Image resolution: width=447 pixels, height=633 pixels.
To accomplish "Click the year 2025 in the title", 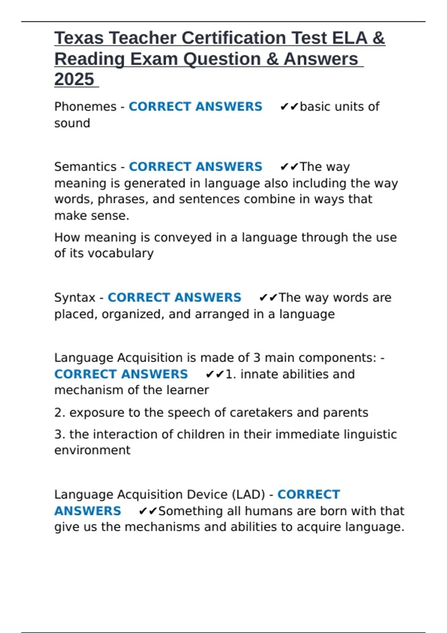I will pyautogui.click(x=74, y=79).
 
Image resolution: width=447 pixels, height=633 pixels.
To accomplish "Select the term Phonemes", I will pyautogui.click(x=85, y=107).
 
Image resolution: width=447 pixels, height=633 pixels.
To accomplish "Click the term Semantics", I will pyautogui.click(x=85, y=167).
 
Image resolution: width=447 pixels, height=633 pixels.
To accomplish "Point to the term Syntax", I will pyautogui.click(x=75, y=298).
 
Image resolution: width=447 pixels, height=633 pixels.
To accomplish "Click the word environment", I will pyautogui.click(x=92, y=450).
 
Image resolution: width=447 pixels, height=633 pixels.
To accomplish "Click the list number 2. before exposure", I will pyautogui.click(x=60, y=413).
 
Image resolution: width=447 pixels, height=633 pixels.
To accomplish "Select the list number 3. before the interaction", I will pyautogui.click(x=60, y=435).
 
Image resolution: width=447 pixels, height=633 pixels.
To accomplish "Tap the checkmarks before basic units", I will pyautogui.click(x=289, y=107).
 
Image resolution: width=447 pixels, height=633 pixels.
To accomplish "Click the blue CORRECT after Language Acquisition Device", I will pyautogui.click(x=308, y=494).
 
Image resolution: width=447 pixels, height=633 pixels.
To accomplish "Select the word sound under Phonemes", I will pyautogui.click(x=72, y=123).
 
